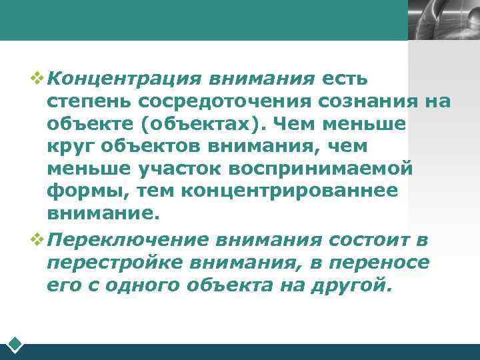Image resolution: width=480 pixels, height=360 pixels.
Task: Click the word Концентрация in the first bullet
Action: coord(125,79)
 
